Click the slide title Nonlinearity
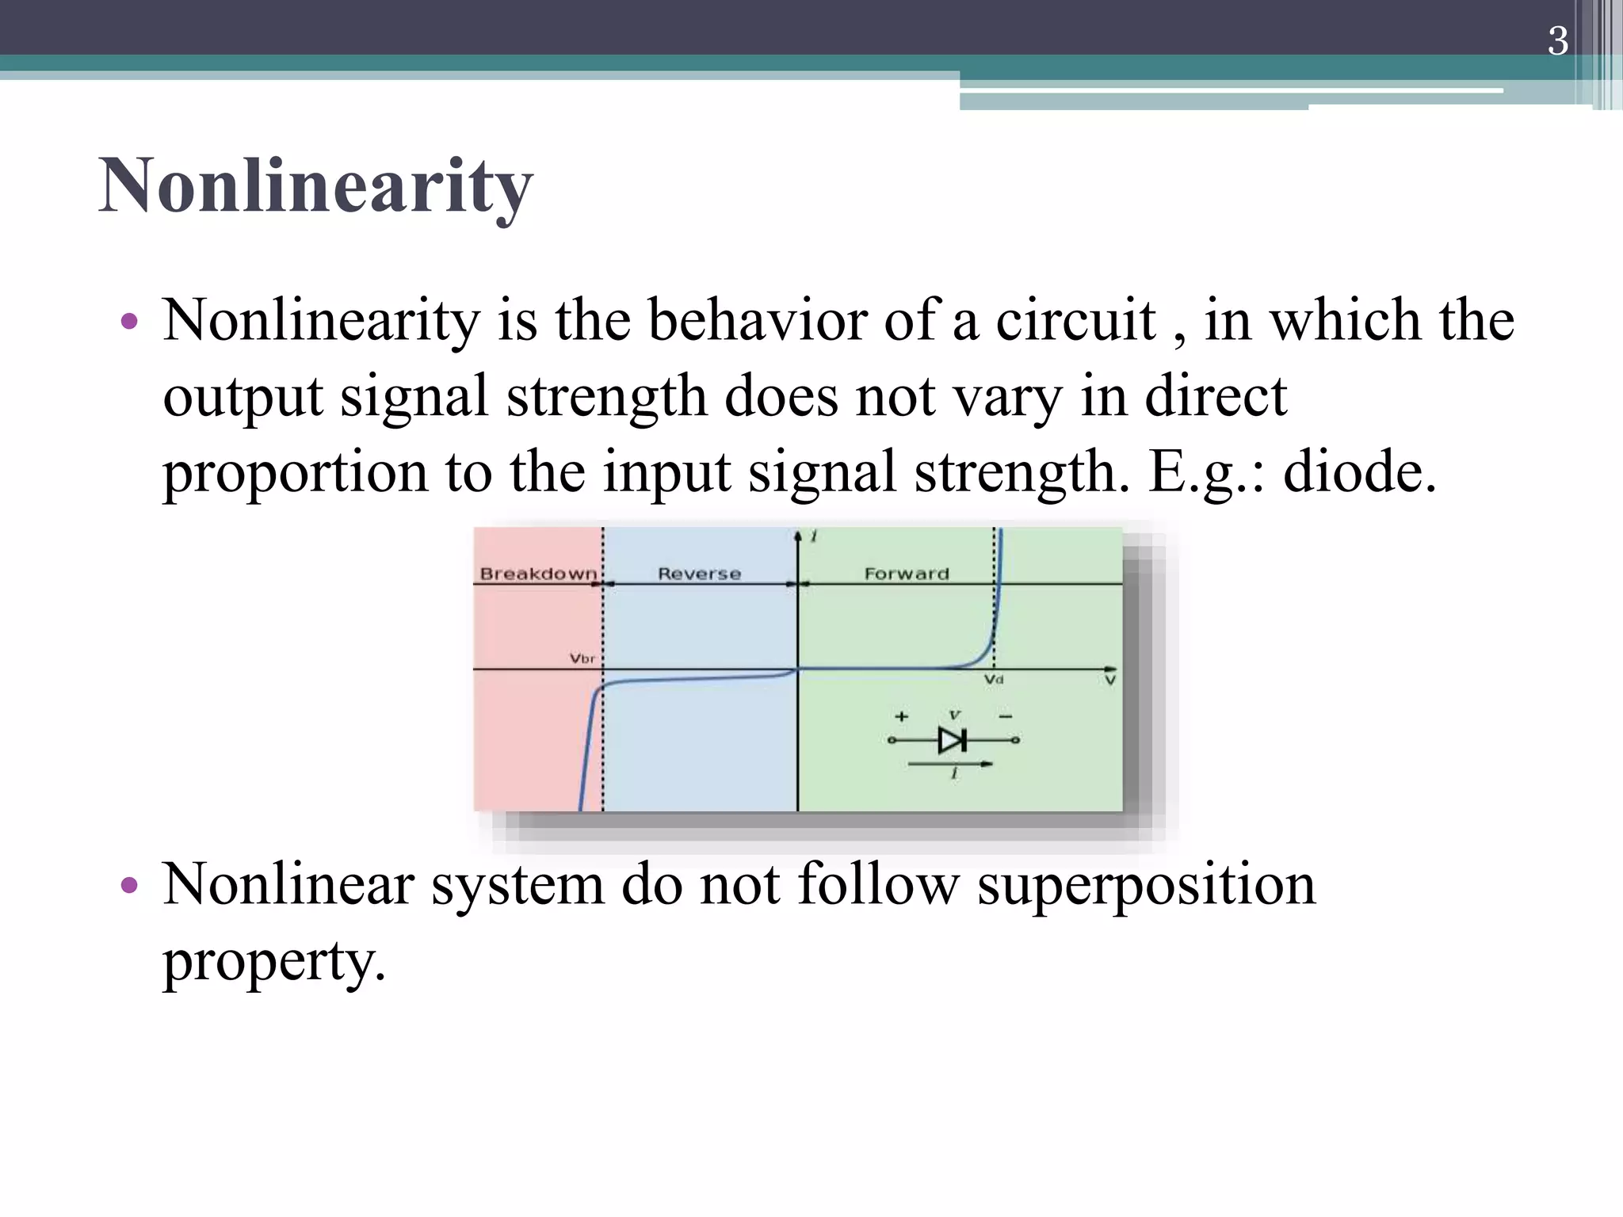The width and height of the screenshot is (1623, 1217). [315, 187]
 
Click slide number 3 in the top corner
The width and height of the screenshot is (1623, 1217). [1557, 40]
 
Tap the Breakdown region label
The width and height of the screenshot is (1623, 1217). [538, 574]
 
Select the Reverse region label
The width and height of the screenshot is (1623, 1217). [699, 574]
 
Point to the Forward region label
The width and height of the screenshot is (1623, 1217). [907, 574]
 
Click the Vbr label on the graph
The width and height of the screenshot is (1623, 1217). [582, 658]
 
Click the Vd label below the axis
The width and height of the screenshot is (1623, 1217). [994, 680]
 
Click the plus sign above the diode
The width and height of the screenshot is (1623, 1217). [901, 716]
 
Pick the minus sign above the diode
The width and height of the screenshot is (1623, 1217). [1006, 716]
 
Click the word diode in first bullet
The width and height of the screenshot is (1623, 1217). [1358, 471]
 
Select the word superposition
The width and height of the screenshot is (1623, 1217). [1146, 885]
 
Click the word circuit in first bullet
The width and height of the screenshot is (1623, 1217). [1075, 320]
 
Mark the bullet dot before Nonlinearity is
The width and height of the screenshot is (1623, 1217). [129, 322]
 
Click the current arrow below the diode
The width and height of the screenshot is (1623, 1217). [950, 764]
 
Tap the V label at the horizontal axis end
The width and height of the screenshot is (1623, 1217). [1110, 680]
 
